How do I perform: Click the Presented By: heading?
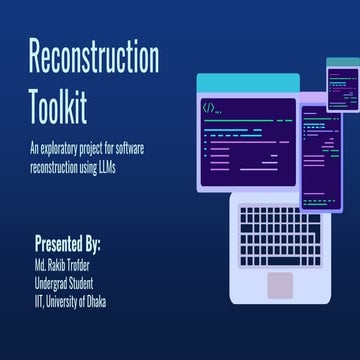(x=68, y=244)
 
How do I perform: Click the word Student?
(x=94, y=283)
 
